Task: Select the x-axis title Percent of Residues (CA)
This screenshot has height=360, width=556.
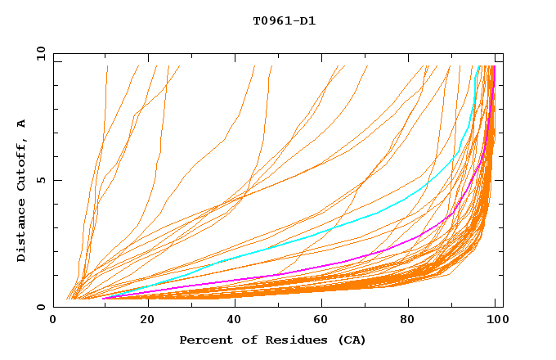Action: (272, 340)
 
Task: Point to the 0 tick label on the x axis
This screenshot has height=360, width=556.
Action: (54, 320)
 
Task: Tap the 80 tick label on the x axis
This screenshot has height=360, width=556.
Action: (410, 320)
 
